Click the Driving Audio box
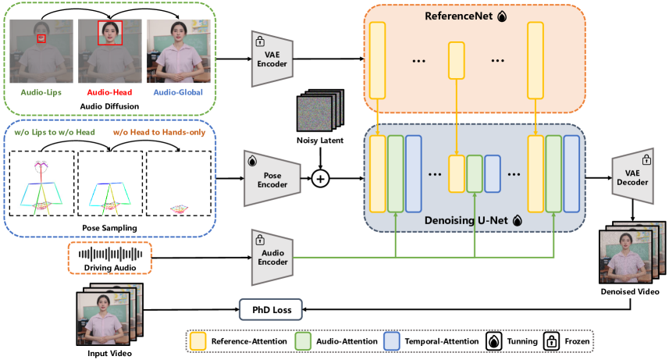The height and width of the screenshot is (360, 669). coord(109,258)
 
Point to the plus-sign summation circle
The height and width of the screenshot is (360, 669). coord(319,180)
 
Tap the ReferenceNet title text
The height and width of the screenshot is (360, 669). coord(457,15)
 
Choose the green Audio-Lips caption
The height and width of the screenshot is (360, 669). coord(41,92)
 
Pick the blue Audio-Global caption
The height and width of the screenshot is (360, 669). coord(178,92)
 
